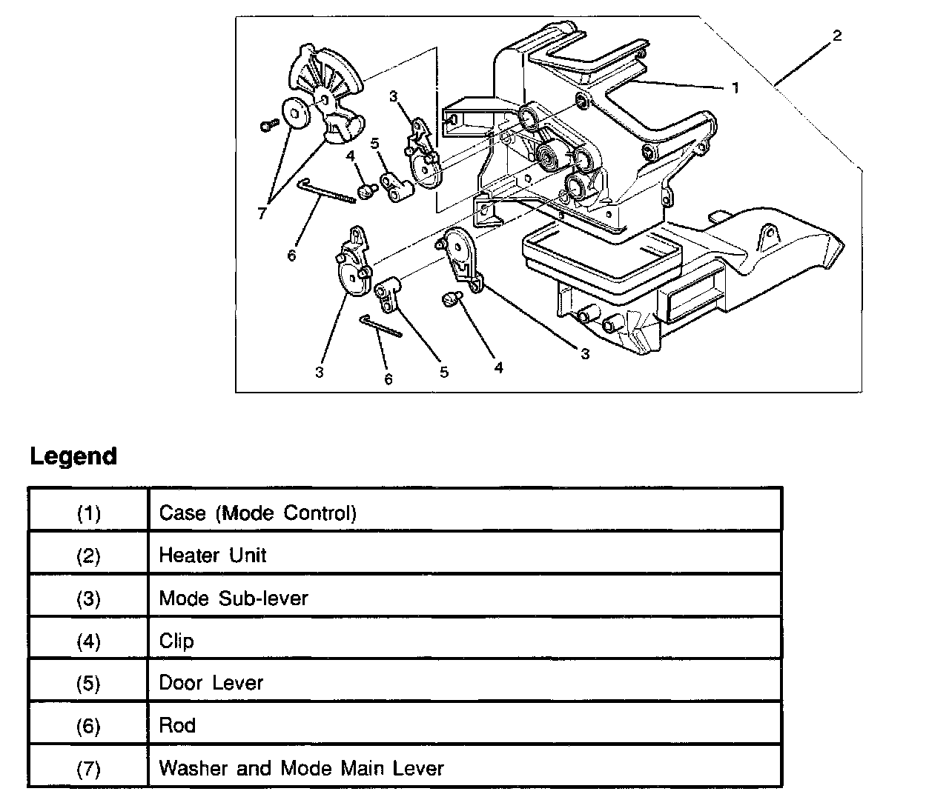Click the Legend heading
pos(73,456)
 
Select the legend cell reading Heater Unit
pos(213,555)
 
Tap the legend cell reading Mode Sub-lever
pos(234,598)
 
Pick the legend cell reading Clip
pos(176,640)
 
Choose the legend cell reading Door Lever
pos(211,682)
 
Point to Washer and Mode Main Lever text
pos(301,767)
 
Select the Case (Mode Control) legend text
pos(258,513)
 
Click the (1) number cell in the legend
pos(88,513)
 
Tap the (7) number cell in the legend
pos(88,768)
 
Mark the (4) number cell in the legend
pos(88,641)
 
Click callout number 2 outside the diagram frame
pos(837,36)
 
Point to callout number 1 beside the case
pos(735,88)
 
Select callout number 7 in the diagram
pos(262,213)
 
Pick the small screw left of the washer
pos(268,126)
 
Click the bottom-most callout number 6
pos(388,379)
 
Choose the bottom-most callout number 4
pos(498,367)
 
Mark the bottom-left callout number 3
pos(319,372)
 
